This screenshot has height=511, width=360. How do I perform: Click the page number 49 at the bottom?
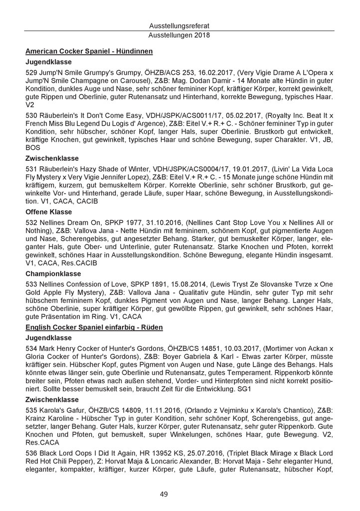(x=180, y=494)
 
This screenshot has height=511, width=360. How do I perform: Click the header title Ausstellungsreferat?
(x=180, y=25)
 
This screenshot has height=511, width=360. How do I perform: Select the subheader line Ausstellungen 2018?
(x=180, y=35)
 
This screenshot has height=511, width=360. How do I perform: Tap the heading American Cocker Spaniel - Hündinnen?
(x=89, y=51)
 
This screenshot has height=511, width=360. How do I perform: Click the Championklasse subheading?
(x=53, y=274)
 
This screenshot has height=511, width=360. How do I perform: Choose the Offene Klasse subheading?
(x=50, y=211)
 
